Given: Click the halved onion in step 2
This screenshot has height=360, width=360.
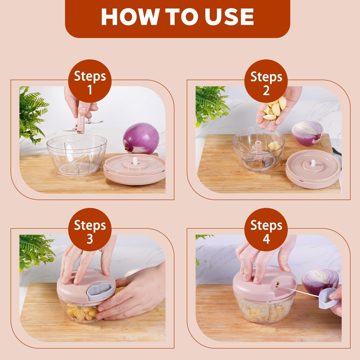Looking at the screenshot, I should pos(307,133).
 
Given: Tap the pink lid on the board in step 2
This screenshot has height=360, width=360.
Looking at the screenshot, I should pos(312,168).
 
